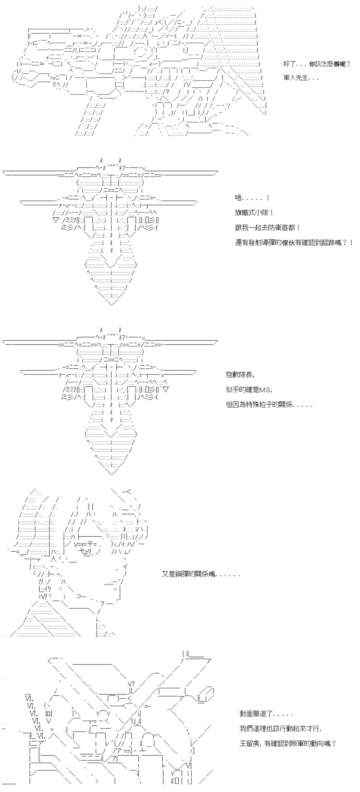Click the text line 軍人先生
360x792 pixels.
[x=301, y=78]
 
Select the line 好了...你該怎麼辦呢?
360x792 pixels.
[x=317, y=64]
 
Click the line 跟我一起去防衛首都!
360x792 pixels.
[x=268, y=228]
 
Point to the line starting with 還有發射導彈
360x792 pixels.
[x=294, y=243]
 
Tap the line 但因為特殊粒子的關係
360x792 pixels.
[x=269, y=405]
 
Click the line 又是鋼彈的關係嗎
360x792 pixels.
[x=200, y=574]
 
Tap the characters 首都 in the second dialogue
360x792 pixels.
[x=289, y=228]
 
